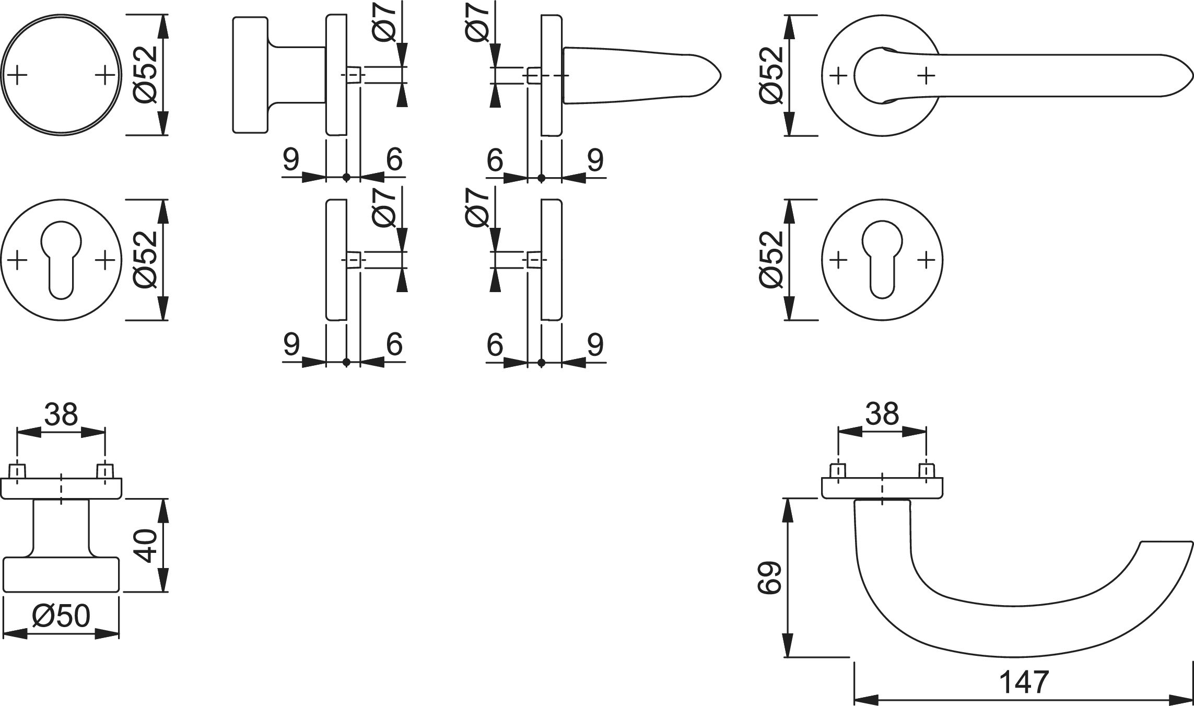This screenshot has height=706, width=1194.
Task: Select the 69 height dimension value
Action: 769,577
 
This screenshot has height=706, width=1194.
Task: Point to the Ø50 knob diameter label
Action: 61,617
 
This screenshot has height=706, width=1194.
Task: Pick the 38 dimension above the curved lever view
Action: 882,414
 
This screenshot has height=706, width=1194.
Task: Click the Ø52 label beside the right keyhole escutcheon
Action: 772,260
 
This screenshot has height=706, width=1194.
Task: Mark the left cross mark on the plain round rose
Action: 17,75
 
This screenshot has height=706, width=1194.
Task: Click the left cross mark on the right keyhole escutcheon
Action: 838,260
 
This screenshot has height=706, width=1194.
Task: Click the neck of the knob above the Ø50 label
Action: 61,528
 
